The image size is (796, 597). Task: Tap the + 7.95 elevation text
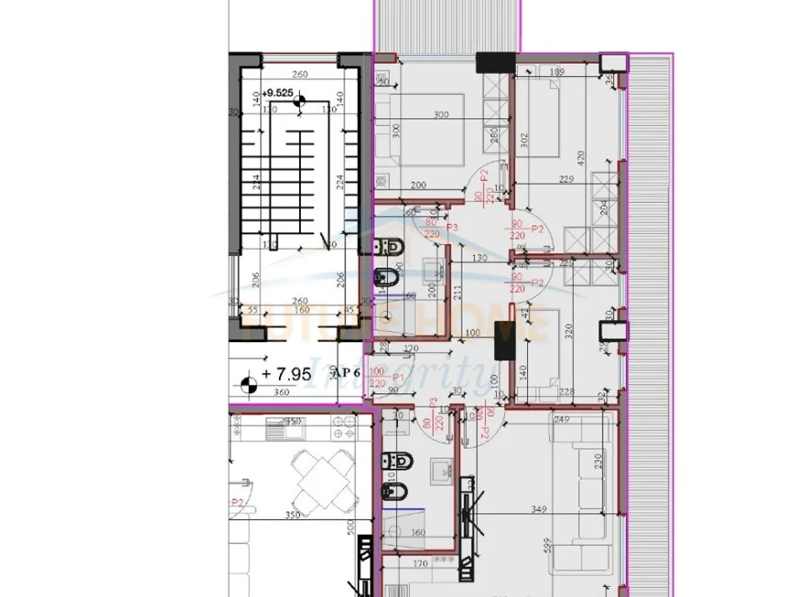(x=287, y=374)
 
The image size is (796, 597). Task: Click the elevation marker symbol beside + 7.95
(x=248, y=385)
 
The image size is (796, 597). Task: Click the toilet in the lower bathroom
(x=390, y=460)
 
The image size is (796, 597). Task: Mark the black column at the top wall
(x=494, y=63)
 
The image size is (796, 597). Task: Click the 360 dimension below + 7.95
(x=281, y=392)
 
